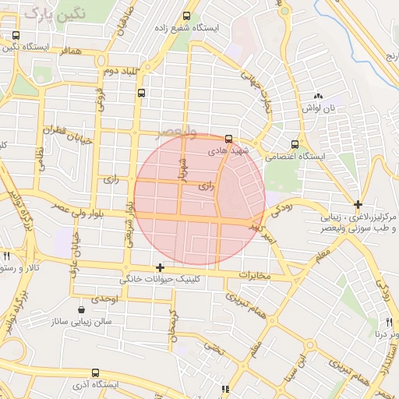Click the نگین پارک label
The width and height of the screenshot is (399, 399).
(x=53, y=13)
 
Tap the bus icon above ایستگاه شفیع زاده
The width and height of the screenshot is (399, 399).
(x=185, y=16)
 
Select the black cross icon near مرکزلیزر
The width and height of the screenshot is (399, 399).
(x=357, y=203)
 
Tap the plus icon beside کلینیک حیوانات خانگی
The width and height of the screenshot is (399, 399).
(x=161, y=267)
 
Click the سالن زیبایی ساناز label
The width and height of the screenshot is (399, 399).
(x=81, y=321)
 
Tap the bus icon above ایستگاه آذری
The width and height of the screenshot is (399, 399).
(x=95, y=373)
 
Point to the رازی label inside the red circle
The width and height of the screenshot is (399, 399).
(x=206, y=187)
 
